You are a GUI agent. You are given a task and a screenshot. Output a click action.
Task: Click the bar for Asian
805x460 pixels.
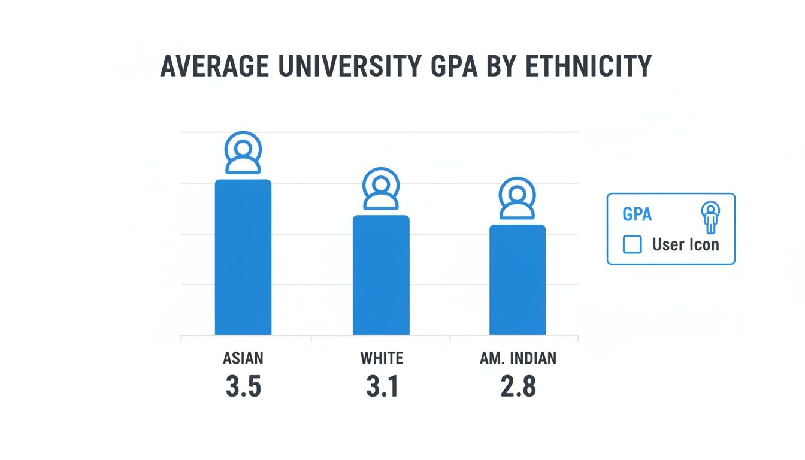point(243,258)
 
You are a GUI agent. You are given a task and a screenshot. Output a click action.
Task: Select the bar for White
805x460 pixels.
point(381,276)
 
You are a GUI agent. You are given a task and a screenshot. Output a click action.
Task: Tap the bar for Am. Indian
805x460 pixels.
point(517,280)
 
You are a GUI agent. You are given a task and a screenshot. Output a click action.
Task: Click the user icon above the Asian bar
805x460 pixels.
point(243,153)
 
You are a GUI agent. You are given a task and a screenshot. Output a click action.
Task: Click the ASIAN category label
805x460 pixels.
point(243,358)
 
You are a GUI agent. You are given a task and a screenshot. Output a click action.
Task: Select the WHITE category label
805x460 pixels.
point(382,358)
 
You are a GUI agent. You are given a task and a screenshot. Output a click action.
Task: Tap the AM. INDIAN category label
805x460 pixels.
point(518,358)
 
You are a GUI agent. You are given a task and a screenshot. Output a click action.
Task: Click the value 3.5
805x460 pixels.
point(243,387)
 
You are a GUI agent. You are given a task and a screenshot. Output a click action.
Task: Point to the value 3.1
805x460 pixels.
point(382,387)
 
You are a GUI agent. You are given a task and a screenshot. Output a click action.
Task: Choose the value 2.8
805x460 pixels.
point(518,387)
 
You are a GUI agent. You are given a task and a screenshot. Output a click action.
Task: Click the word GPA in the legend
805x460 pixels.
point(637,214)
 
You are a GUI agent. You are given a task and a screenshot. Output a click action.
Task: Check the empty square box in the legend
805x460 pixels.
point(632,244)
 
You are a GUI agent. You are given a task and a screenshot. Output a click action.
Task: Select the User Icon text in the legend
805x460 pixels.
point(685,244)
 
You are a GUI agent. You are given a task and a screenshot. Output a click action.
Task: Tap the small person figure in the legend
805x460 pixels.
point(710,218)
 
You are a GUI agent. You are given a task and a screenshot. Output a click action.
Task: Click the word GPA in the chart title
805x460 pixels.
point(458,66)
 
